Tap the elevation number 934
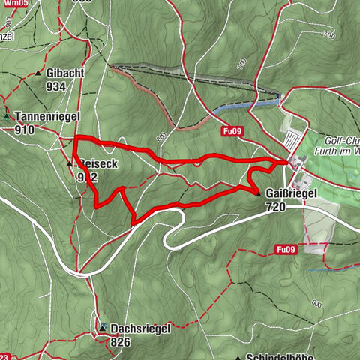[55, 86]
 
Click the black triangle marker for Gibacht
[38, 73]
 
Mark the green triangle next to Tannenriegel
[7, 117]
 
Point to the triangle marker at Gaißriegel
[258, 193]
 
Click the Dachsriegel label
[140, 328]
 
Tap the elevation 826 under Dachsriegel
[120, 341]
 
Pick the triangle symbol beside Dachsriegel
[103, 328]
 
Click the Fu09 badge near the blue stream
[232, 130]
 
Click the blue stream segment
[240, 106]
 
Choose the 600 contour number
[316, 303]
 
